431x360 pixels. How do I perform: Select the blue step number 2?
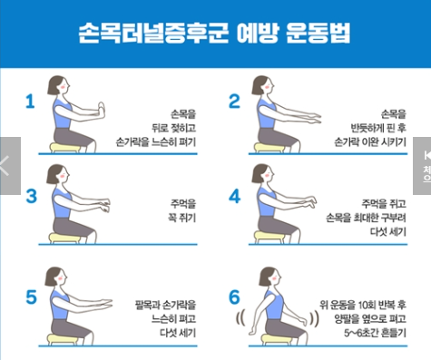coord(233,101)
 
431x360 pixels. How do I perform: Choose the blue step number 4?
coord(233,195)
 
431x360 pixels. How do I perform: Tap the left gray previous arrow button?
coord(8,164)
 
